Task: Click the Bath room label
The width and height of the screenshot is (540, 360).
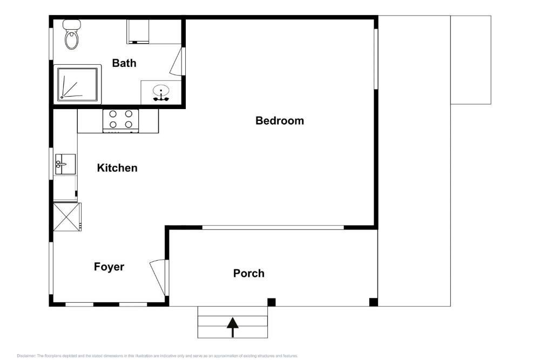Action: [x=124, y=63]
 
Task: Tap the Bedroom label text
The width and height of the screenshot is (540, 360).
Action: [x=279, y=120]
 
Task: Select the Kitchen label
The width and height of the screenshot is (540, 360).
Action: [x=117, y=168]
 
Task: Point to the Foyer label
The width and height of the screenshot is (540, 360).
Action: [x=109, y=267]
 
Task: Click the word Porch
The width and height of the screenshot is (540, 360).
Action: [x=248, y=273]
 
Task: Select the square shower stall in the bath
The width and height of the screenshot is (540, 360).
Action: [x=78, y=84]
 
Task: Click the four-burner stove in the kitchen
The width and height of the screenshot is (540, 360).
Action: [x=121, y=120]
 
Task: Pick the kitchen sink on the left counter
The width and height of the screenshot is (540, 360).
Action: [x=64, y=164]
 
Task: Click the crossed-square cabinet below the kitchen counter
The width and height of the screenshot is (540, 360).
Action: [x=66, y=216]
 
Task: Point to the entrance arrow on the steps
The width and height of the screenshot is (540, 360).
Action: [x=232, y=327]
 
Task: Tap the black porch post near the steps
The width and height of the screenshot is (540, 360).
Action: [x=272, y=302]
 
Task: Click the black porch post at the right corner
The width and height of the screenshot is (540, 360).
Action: [x=373, y=302]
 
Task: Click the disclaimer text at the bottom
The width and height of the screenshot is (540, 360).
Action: [x=157, y=356]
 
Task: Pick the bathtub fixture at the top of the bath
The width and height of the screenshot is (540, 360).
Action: [x=138, y=32]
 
